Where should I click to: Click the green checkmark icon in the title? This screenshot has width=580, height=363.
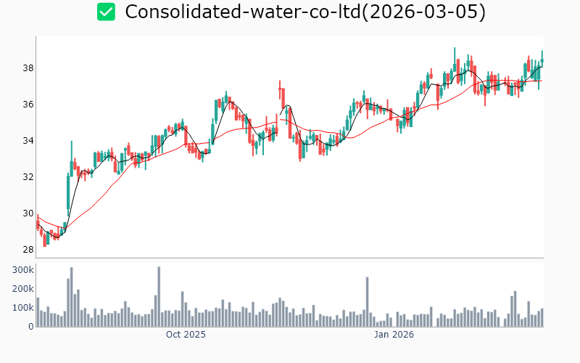106,12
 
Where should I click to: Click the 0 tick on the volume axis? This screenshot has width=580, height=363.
30,327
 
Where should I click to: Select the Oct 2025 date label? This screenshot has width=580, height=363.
186,335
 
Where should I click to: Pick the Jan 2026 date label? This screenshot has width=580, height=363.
394,335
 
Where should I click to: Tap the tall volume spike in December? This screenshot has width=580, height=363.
368,302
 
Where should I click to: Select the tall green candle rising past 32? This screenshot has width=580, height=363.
68,192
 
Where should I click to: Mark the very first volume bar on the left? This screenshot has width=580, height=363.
38,312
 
